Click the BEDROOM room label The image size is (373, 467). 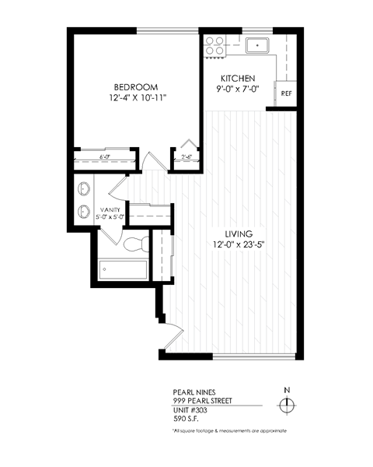point(136,86)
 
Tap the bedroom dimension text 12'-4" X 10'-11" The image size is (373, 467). point(138,99)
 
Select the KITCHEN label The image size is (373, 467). point(238,79)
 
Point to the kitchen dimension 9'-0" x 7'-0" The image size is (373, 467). point(238,90)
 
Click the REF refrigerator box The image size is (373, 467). point(286,93)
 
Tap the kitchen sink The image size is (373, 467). point(257,45)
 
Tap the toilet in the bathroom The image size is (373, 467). point(133,244)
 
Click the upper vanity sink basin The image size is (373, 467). point(84,188)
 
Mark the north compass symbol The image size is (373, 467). point(287,404)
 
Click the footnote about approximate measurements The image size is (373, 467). point(230,430)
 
